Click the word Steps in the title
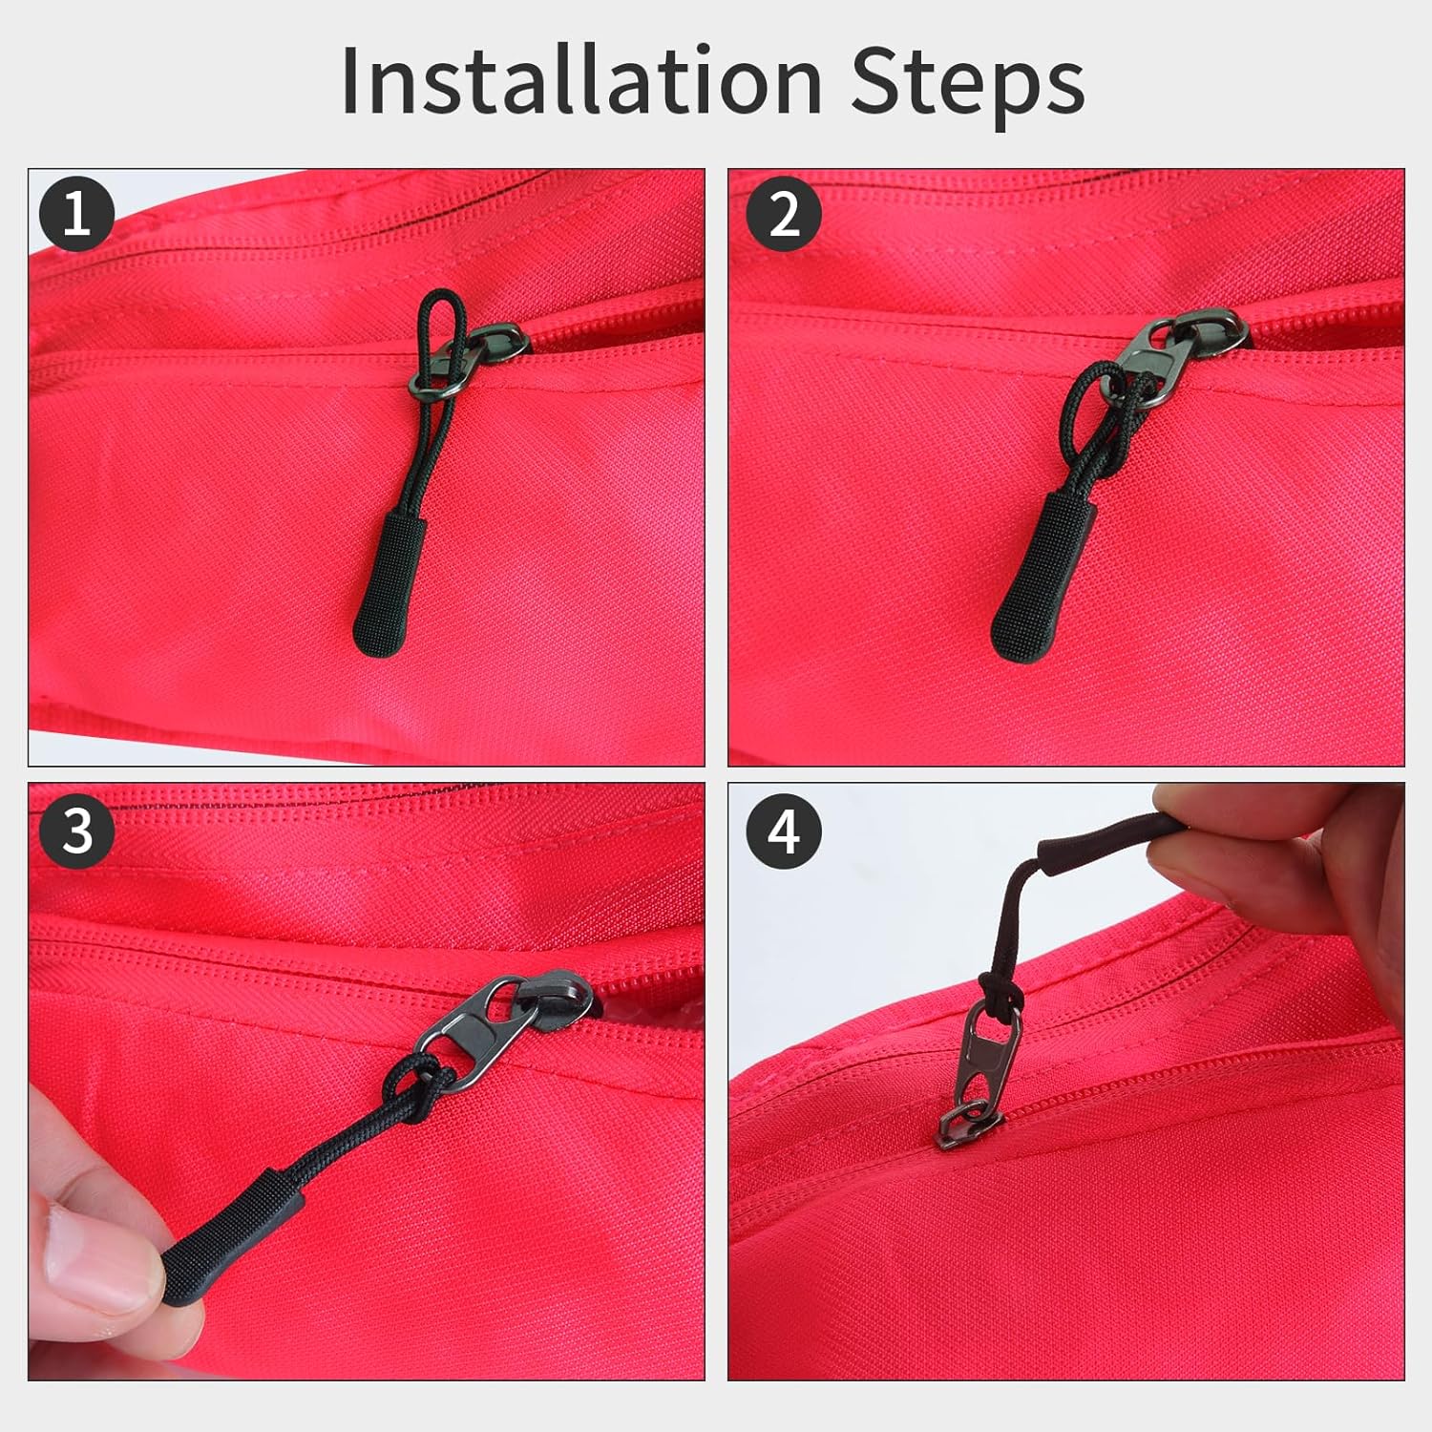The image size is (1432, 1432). point(966,82)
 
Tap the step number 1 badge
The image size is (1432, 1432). point(77,213)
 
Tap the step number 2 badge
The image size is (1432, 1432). point(784,213)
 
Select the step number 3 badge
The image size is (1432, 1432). point(77,830)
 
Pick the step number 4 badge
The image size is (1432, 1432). point(784,830)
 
